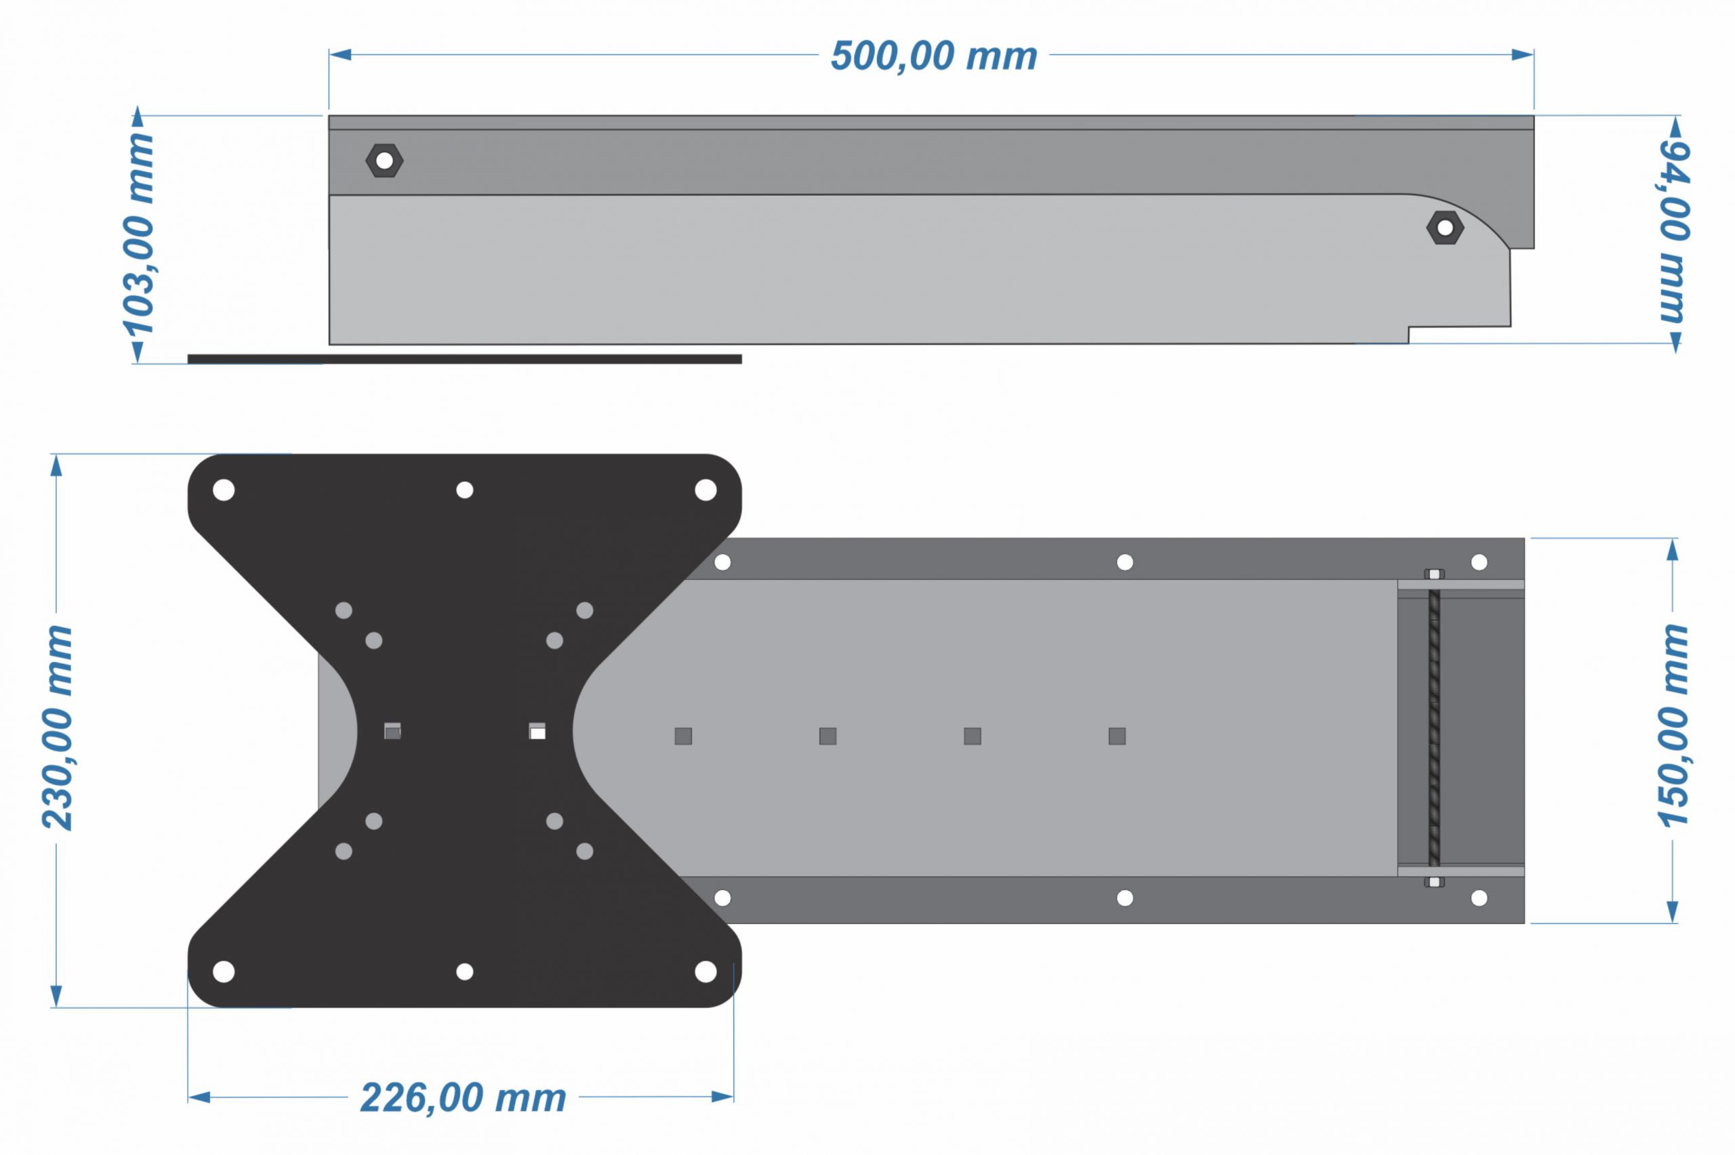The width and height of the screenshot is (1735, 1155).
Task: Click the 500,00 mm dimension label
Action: [x=933, y=56]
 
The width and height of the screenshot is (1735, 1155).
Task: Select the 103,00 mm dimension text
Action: [x=138, y=234]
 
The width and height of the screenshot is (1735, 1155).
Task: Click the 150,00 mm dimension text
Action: [x=1673, y=726]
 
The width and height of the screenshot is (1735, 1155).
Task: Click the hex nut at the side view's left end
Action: [x=384, y=161]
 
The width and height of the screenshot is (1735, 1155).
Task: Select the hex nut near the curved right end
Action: [x=1445, y=228]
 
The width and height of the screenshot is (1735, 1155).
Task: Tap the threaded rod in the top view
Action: [x=1433, y=728]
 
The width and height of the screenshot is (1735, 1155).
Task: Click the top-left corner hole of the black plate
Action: [x=224, y=490]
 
